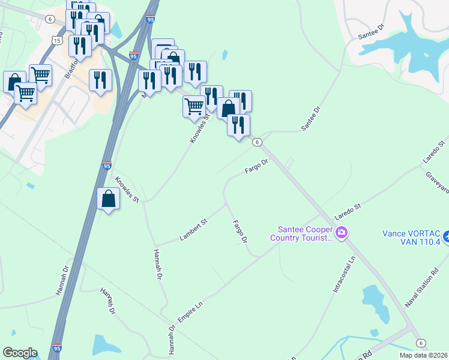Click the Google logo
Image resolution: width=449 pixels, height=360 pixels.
[x=20, y=353]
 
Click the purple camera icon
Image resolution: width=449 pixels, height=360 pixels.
[x=342, y=232]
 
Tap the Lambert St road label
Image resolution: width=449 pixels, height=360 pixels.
[x=193, y=231]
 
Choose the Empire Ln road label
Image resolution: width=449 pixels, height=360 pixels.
[x=191, y=313]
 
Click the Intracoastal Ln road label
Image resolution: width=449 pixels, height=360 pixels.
[x=345, y=275]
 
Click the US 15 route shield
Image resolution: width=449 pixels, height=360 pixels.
[x=57, y=40]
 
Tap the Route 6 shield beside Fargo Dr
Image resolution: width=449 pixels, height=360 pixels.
[x=257, y=142]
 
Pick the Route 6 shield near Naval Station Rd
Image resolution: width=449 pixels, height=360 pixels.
[x=421, y=343]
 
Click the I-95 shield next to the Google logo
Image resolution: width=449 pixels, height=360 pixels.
[x=57, y=348]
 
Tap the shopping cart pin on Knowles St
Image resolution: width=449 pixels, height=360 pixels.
[x=193, y=106]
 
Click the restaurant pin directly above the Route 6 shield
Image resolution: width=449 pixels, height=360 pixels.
[x=238, y=125]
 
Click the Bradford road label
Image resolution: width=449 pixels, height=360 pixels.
[x=71, y=67]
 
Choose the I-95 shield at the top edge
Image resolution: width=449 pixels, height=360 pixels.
[x=150, y=20]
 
